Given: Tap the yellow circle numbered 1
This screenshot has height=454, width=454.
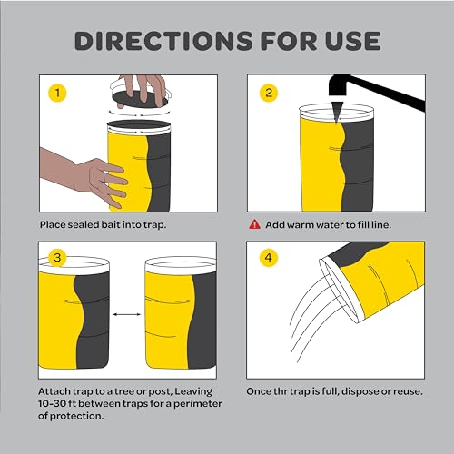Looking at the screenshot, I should (57, 92).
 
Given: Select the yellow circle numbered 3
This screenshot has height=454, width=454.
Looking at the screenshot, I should (57, 259).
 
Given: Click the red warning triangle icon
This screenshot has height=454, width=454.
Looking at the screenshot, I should (254, 224).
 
